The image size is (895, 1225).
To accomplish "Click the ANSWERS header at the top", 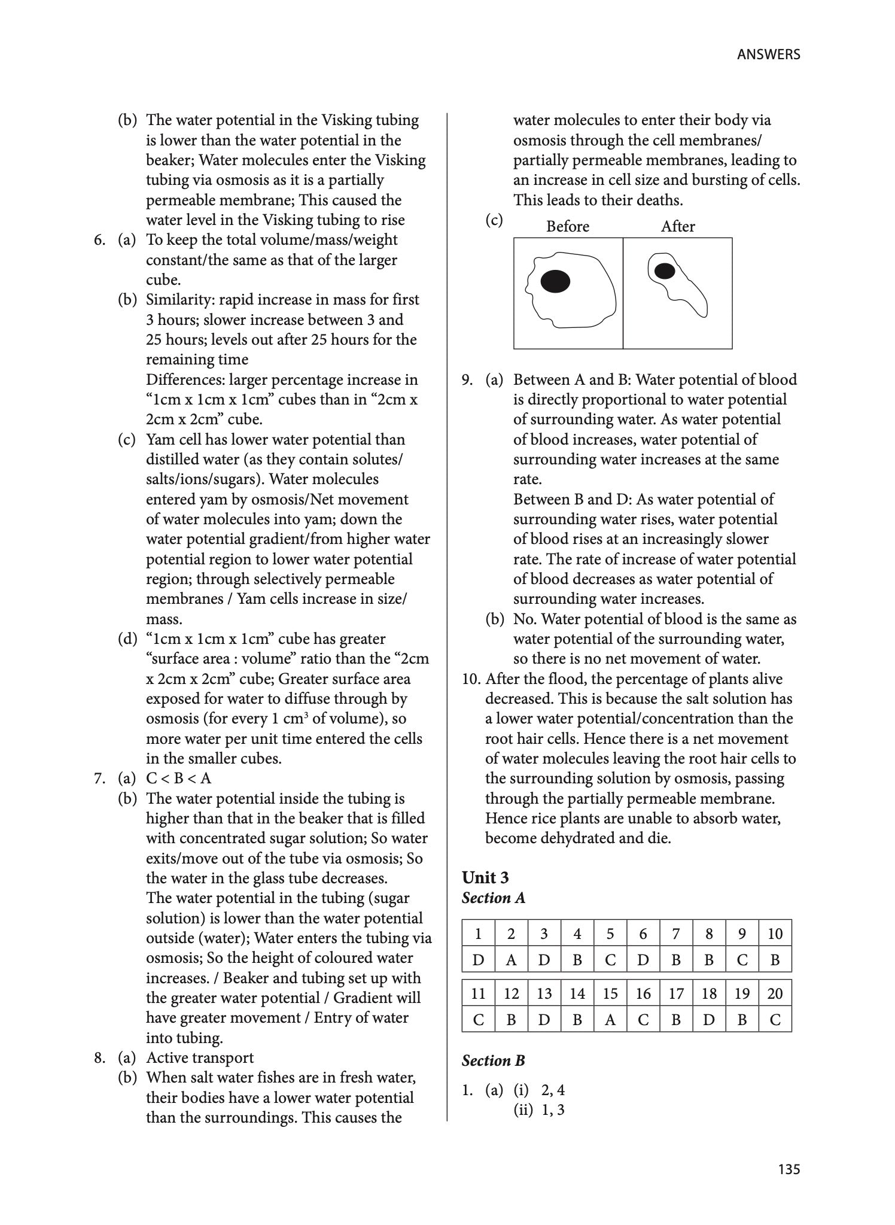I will tap(768, 54).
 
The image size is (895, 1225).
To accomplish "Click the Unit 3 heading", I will tap(485, 877).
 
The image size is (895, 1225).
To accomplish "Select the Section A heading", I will tap(493, 898).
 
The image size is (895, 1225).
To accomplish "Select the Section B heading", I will tap(493, 1060).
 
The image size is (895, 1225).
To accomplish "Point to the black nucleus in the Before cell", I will tap(555, 281).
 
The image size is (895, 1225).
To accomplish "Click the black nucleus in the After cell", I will tap(664, 271).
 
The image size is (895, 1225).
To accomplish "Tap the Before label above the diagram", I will tap(567, 226).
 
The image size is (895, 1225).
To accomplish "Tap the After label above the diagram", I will tap(677, 226).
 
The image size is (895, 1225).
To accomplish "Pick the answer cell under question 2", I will tap(511, 960).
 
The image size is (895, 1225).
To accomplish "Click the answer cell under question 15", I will tap(610, 1020).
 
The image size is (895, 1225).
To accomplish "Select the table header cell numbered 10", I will tap(775, 934).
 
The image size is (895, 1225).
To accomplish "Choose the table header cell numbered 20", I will tap(775, 993).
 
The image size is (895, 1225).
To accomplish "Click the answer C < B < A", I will tap(178, 778).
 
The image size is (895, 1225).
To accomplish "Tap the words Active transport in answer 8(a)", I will tap(200, 1057).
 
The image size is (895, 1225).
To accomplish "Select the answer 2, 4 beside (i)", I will tap(553, 1090).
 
